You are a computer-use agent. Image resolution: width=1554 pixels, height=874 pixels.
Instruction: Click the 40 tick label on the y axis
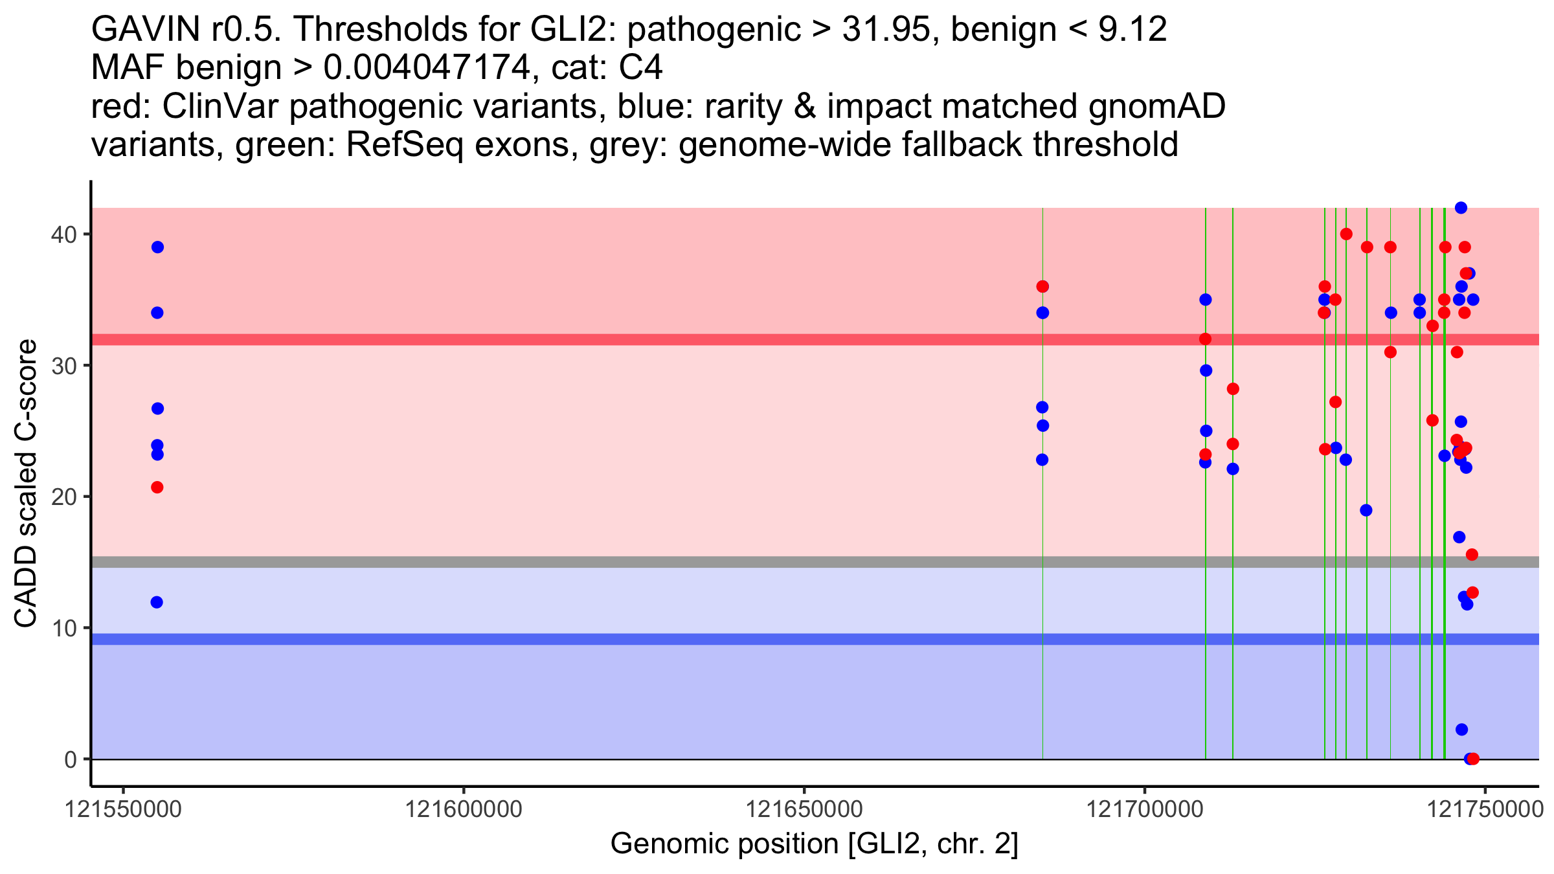[63, 234]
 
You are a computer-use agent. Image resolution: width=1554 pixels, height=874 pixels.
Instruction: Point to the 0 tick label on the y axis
[70, 759]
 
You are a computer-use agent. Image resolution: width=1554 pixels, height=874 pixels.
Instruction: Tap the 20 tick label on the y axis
[63, 497]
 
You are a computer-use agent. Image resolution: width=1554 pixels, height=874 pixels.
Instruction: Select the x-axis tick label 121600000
[464, 809]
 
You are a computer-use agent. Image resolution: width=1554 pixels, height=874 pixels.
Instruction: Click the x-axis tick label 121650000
[804, 809]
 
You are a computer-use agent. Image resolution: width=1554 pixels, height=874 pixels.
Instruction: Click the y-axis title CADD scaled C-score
[26, 484]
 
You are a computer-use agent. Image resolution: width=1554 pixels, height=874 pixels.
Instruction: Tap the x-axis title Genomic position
[815, 844]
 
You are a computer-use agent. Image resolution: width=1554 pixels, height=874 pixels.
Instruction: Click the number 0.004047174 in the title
[427, 67]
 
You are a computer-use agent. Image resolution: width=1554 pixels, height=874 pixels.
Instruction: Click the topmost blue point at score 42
[1461, 208]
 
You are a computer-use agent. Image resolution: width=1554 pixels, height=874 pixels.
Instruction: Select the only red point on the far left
[157, 487]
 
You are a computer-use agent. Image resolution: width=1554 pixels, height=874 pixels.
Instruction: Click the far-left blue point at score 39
[157, 247]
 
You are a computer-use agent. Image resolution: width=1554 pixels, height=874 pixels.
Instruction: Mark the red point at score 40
[1346, 234]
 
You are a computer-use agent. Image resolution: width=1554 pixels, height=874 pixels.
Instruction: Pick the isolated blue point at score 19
[1366, 510]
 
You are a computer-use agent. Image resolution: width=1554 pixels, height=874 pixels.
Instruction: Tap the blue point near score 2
[1461, 730]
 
